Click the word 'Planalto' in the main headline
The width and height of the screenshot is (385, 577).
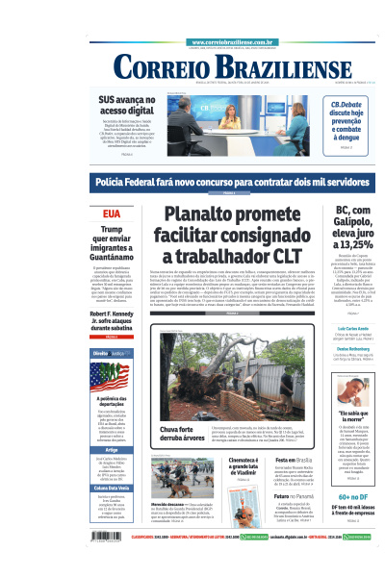(204, 215)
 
